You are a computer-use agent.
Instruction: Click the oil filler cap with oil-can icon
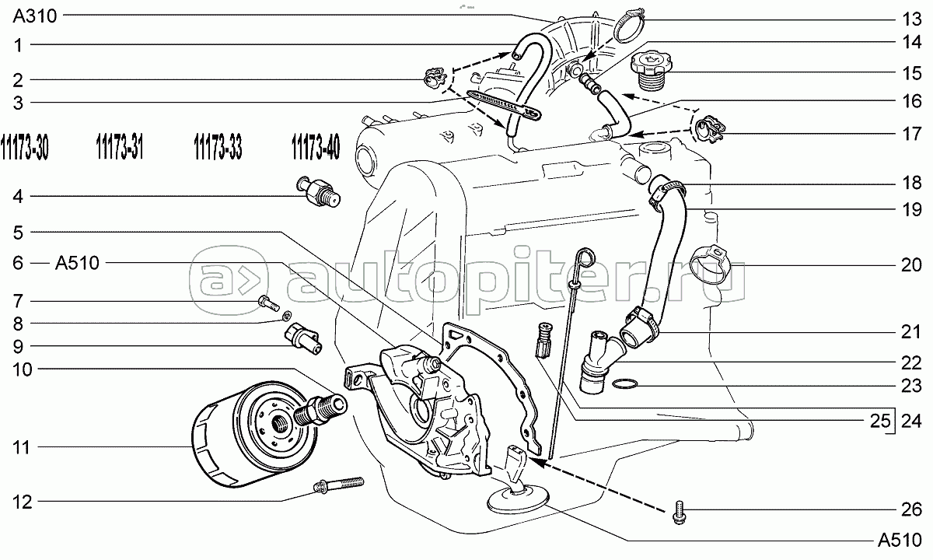pyautogui.click(x=652, y=71)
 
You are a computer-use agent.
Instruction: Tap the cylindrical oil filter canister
pyautogui.click(x=254, y=433)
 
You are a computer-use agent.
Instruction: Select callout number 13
pyautogui.click(x=911, y=19)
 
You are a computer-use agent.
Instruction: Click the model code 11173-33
pyautogui.click(x=218, y=147)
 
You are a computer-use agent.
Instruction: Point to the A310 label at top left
pyautogui.click(x=34, y=16)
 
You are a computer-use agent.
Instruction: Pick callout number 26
pyautogui.click(x=911, y=509)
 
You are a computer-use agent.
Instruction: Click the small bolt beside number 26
pyautogui.click(x=679, y=512)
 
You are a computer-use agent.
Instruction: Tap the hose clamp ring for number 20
pyautogui.click(x=711, y=264)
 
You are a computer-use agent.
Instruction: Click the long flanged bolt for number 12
pyautogui.click(x=338, y=485)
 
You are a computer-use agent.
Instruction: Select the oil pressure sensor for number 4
pyautogui.click(x=319, y=191)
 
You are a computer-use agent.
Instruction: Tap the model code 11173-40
pyautogui.click(x=316, y=147)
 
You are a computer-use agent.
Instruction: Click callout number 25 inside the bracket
pyautogui.click(x=880, y=422)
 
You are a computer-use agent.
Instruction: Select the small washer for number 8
pyautogui.click(x=287, y=316)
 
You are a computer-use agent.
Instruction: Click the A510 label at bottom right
pyautogui.click(x=900, y=540)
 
